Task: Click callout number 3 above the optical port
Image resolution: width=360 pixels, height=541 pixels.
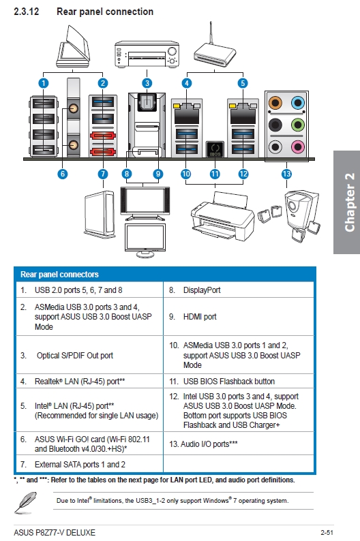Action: (x=147, y=83)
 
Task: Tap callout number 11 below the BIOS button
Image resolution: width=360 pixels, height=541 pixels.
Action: (x=215, y=174)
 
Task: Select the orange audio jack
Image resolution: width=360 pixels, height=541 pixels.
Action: (x=275, y=103)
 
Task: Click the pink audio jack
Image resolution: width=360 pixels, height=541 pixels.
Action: (x=297, y=146)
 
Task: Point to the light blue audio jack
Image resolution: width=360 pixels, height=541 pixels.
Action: (x=297, y=103)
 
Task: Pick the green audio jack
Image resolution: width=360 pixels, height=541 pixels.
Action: (x=297, y=125)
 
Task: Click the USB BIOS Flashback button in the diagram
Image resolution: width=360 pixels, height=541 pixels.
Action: (x=215, y=149)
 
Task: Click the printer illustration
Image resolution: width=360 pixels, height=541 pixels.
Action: (x=223, y=216)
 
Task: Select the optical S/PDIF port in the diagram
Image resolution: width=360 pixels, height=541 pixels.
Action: (x=147, y=102)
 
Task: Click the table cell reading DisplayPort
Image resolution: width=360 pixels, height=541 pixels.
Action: (x=239, y=290)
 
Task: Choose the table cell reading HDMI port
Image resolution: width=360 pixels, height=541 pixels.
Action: (x=239, y=317)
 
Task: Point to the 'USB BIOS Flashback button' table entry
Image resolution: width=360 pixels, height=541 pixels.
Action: (x=239, y=382)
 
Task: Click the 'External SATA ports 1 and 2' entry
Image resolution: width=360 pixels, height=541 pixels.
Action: (x=89, y=465)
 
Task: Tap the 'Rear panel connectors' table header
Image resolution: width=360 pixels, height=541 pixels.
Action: (x=59, y=275)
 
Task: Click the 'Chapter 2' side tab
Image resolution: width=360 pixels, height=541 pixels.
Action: (x=347, y=202)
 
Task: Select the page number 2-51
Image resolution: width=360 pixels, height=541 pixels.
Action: (x=327, y=533)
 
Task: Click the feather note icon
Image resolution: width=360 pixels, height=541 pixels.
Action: (x=25, y=502)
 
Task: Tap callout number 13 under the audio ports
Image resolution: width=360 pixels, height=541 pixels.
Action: (x=286, y=174)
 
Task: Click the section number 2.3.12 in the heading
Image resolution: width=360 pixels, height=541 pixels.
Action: (x=26, y=12)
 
